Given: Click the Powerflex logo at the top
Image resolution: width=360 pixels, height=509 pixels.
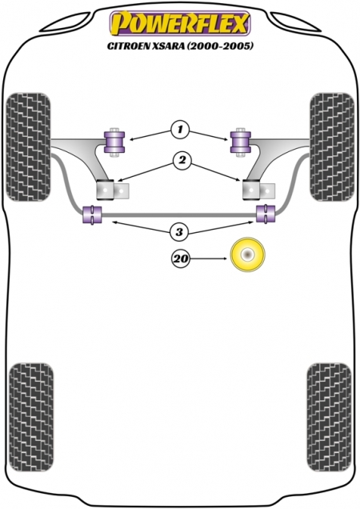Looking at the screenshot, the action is click(180, 22).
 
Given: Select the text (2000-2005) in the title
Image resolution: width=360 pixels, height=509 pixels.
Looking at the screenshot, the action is click(219, 46).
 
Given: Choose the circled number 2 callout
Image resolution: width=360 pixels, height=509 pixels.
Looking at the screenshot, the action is click(182, 160).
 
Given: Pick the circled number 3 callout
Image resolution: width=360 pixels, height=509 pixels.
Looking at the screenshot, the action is click(179, 232).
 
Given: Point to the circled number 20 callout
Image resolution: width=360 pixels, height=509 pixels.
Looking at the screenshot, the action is click(181, 259).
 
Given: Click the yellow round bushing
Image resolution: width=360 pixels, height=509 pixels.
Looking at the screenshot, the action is click(248, 254).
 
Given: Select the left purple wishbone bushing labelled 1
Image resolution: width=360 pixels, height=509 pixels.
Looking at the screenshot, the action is click(114, 142).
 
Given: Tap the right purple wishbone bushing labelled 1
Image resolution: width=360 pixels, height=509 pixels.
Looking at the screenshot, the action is click(241, 142).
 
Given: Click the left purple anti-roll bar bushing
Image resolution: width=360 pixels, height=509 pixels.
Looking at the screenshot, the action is click(92, 214).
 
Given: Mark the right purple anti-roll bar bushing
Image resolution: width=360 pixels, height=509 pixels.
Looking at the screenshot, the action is click(266, 213).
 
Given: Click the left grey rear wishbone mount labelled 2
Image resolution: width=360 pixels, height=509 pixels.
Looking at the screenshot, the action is click(113, 190).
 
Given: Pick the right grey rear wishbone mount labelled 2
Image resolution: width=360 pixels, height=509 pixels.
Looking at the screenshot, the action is click(258, 190).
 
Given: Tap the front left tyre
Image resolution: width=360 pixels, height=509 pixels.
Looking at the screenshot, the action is click(29, 147).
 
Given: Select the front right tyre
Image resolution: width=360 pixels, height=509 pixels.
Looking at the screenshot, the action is click(332, 147).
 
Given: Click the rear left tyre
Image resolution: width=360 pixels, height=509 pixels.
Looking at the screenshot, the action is click(31, 417).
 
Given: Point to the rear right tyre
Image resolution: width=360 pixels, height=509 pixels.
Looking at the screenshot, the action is click(329, 417).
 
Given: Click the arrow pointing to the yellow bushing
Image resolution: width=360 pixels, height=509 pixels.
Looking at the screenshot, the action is click(209, 259).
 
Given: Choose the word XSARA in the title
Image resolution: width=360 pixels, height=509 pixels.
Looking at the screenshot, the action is click(166, 46).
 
